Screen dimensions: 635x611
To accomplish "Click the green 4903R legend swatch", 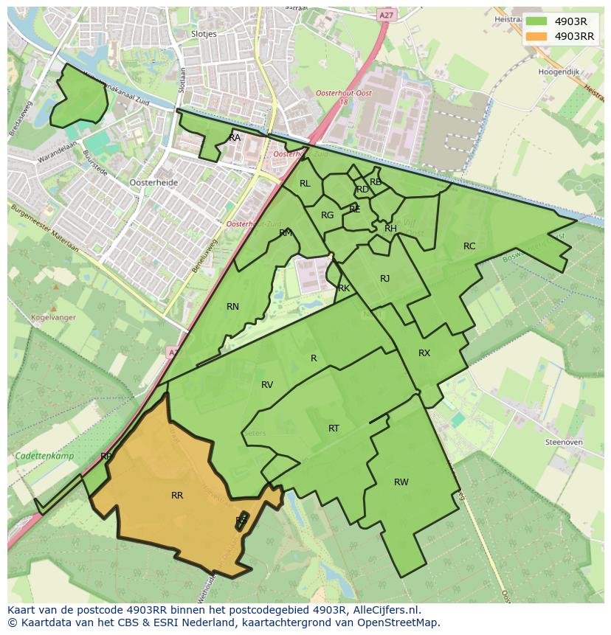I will (x=536, y=21).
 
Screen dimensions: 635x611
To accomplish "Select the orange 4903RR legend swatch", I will (x=536, y=36).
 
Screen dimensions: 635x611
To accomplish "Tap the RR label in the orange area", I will (x=177, y=496).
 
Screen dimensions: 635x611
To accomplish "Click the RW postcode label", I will (x=401, y=482).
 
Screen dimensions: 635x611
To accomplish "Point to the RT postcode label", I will (x=334, y=428).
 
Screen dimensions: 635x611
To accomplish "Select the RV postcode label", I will (x=267, y=385).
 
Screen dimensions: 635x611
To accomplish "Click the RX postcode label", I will (x=424, y=353).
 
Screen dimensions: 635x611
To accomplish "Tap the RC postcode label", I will (x=469, y=246).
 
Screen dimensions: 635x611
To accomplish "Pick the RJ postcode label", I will (x=384, y=278).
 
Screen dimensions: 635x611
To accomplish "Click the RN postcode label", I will (x=233, y=307).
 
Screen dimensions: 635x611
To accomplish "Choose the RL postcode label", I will (x=305, y=184).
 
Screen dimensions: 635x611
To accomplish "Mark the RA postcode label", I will (x=235, y=138).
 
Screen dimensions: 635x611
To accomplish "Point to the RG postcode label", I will (x=328, y=215).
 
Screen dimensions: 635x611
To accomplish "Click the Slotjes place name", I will (x=204, y=34).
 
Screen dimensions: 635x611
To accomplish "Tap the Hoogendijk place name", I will (x=559, y=72).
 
